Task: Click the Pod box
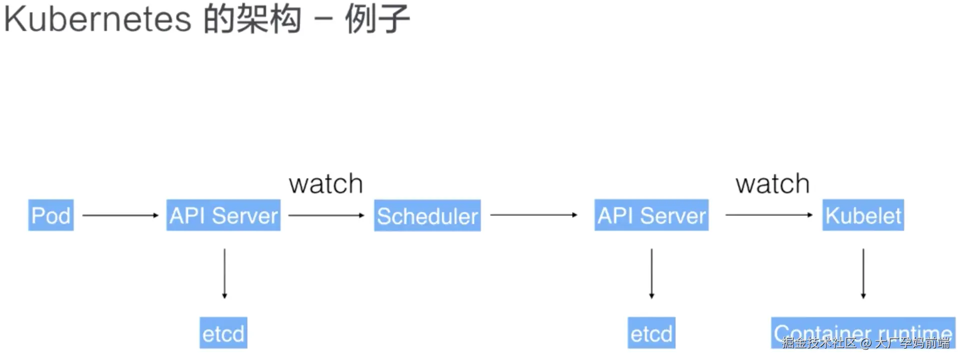[51, 215]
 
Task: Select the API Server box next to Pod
[223, 215]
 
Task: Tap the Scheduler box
[427, 215]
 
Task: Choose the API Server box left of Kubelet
[651, 215]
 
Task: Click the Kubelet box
[863, 215]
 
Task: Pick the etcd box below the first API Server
[223, 333]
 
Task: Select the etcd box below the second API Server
[651, 333]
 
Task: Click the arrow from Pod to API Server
[120, 215]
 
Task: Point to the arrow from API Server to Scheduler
[326, 215]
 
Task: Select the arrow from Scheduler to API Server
[533, 215]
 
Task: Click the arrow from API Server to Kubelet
[769, 215]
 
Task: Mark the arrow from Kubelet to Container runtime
[863, 273]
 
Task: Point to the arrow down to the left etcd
[224, 273]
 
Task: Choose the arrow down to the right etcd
[651, 273]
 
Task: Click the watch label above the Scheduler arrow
[326, 184]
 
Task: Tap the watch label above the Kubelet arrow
[772, 184]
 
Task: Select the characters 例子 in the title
[377, 19]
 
